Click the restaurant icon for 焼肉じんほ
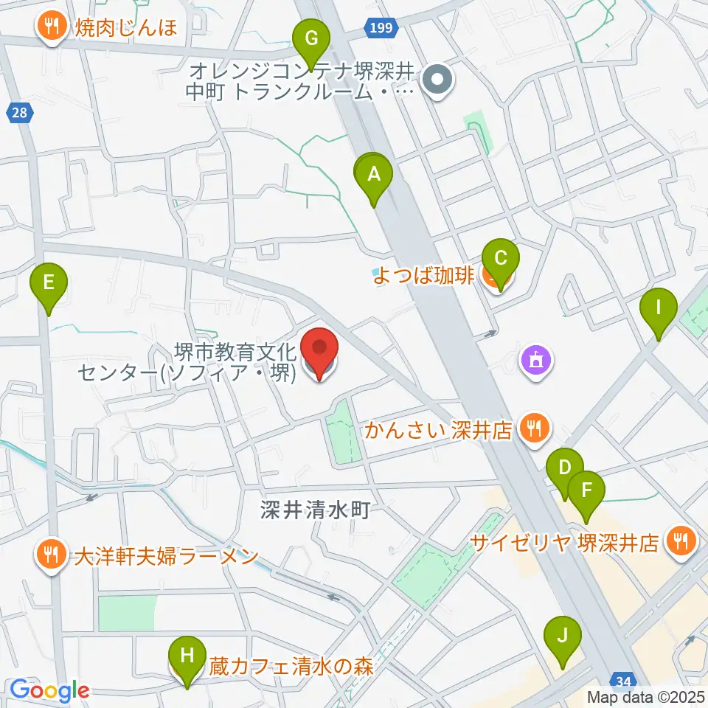coord(51,28)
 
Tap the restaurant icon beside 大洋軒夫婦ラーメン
coord(51,553)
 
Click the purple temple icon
coord(534,360)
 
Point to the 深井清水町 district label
coord(313,509)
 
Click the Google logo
coord(49,690)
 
